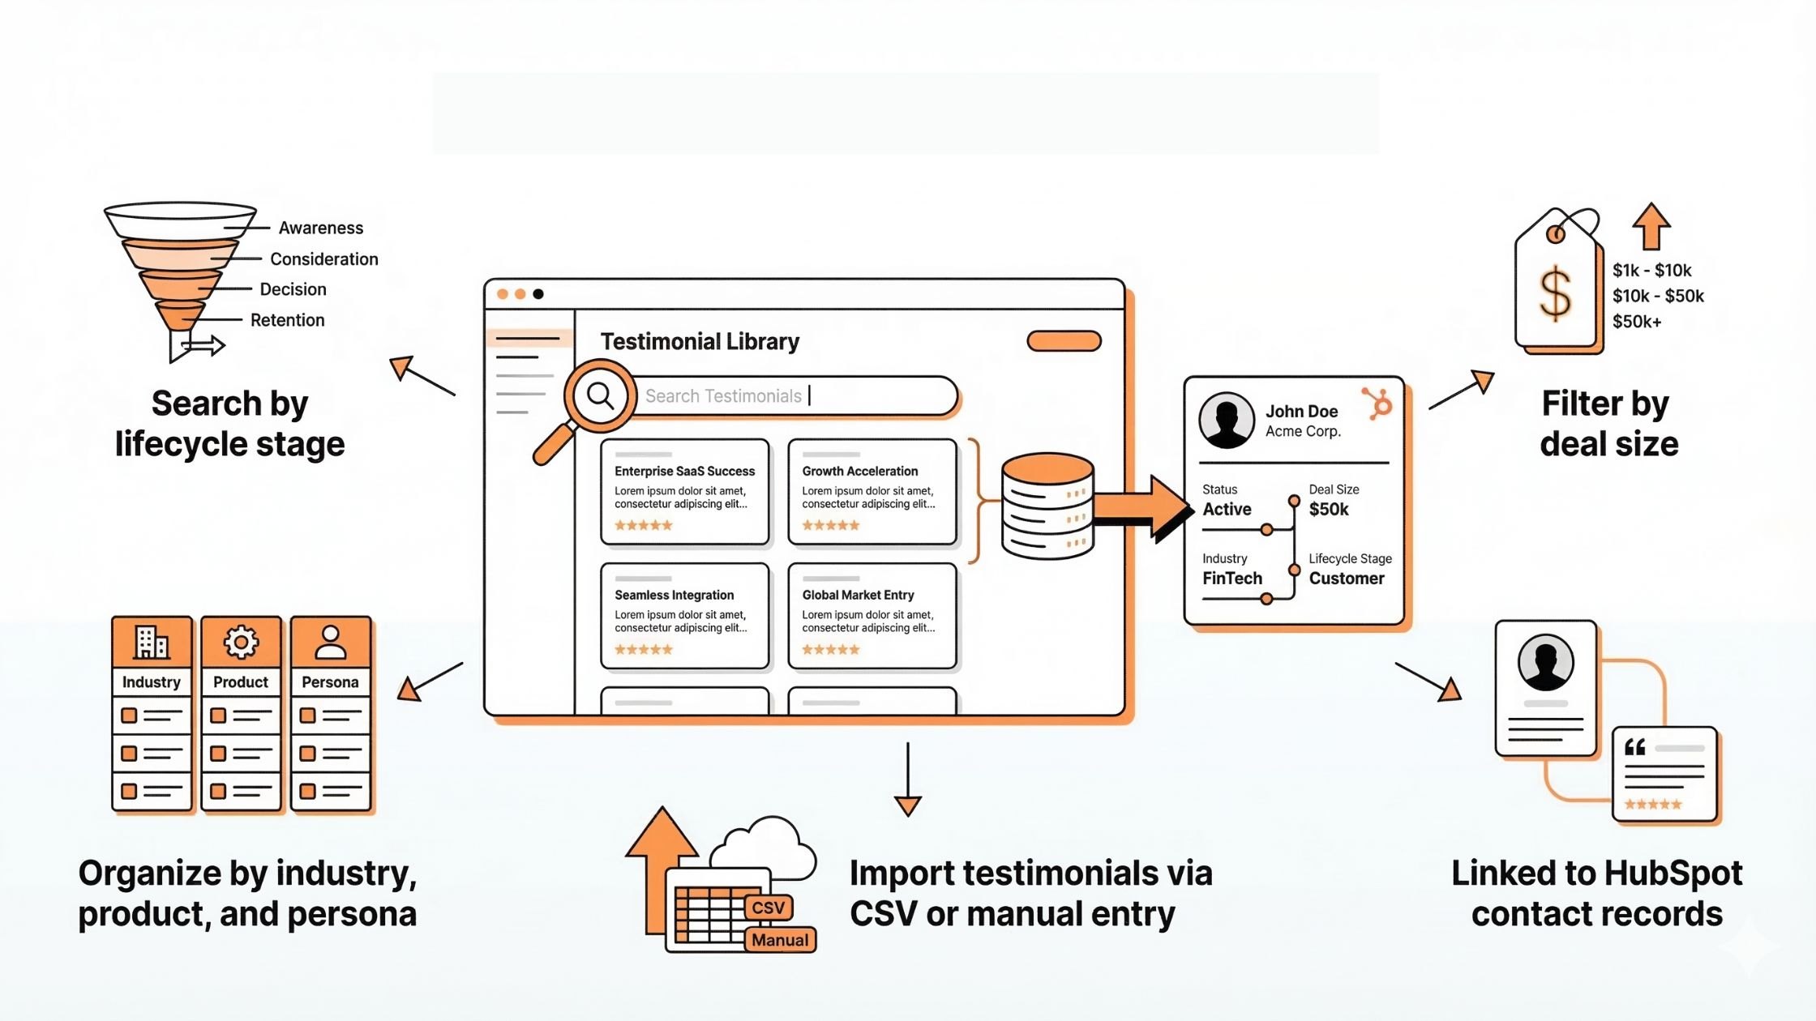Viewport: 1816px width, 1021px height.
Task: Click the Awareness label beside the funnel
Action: tap(320, 228)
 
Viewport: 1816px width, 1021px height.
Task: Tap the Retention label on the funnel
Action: tap(287, 320)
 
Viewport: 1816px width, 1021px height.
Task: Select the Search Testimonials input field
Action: tap(794, 395)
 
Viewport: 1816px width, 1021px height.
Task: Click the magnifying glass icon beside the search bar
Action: tap(600, 396)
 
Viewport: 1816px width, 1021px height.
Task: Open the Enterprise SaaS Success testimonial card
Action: tap(684, 492)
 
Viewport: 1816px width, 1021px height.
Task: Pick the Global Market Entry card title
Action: tap(858, 595)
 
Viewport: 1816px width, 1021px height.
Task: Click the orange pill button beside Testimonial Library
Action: tap(1064, 341)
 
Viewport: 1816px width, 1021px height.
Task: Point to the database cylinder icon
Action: tap(1047, 506)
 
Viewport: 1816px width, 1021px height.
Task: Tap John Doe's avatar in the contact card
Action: tap(1227, 420)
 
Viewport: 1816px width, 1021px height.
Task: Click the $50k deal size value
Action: tap(1329, 509)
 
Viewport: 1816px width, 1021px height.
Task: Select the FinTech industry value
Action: tap(1231, 578)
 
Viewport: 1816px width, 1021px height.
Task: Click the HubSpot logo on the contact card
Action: tap(1378, 403)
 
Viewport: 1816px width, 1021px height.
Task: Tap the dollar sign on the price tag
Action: tap(1555, 293)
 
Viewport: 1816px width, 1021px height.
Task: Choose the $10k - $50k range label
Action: tap(1657, 296)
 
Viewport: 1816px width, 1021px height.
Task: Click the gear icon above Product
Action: tap(241, 643)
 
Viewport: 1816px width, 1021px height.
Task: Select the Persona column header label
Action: tap(330, 682)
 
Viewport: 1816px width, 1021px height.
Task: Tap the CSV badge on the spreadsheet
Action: tap(768, 907)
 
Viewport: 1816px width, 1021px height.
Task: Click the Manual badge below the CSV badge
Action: tap(779, 940)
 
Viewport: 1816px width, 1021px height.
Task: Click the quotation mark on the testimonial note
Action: tap(1634, 747)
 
